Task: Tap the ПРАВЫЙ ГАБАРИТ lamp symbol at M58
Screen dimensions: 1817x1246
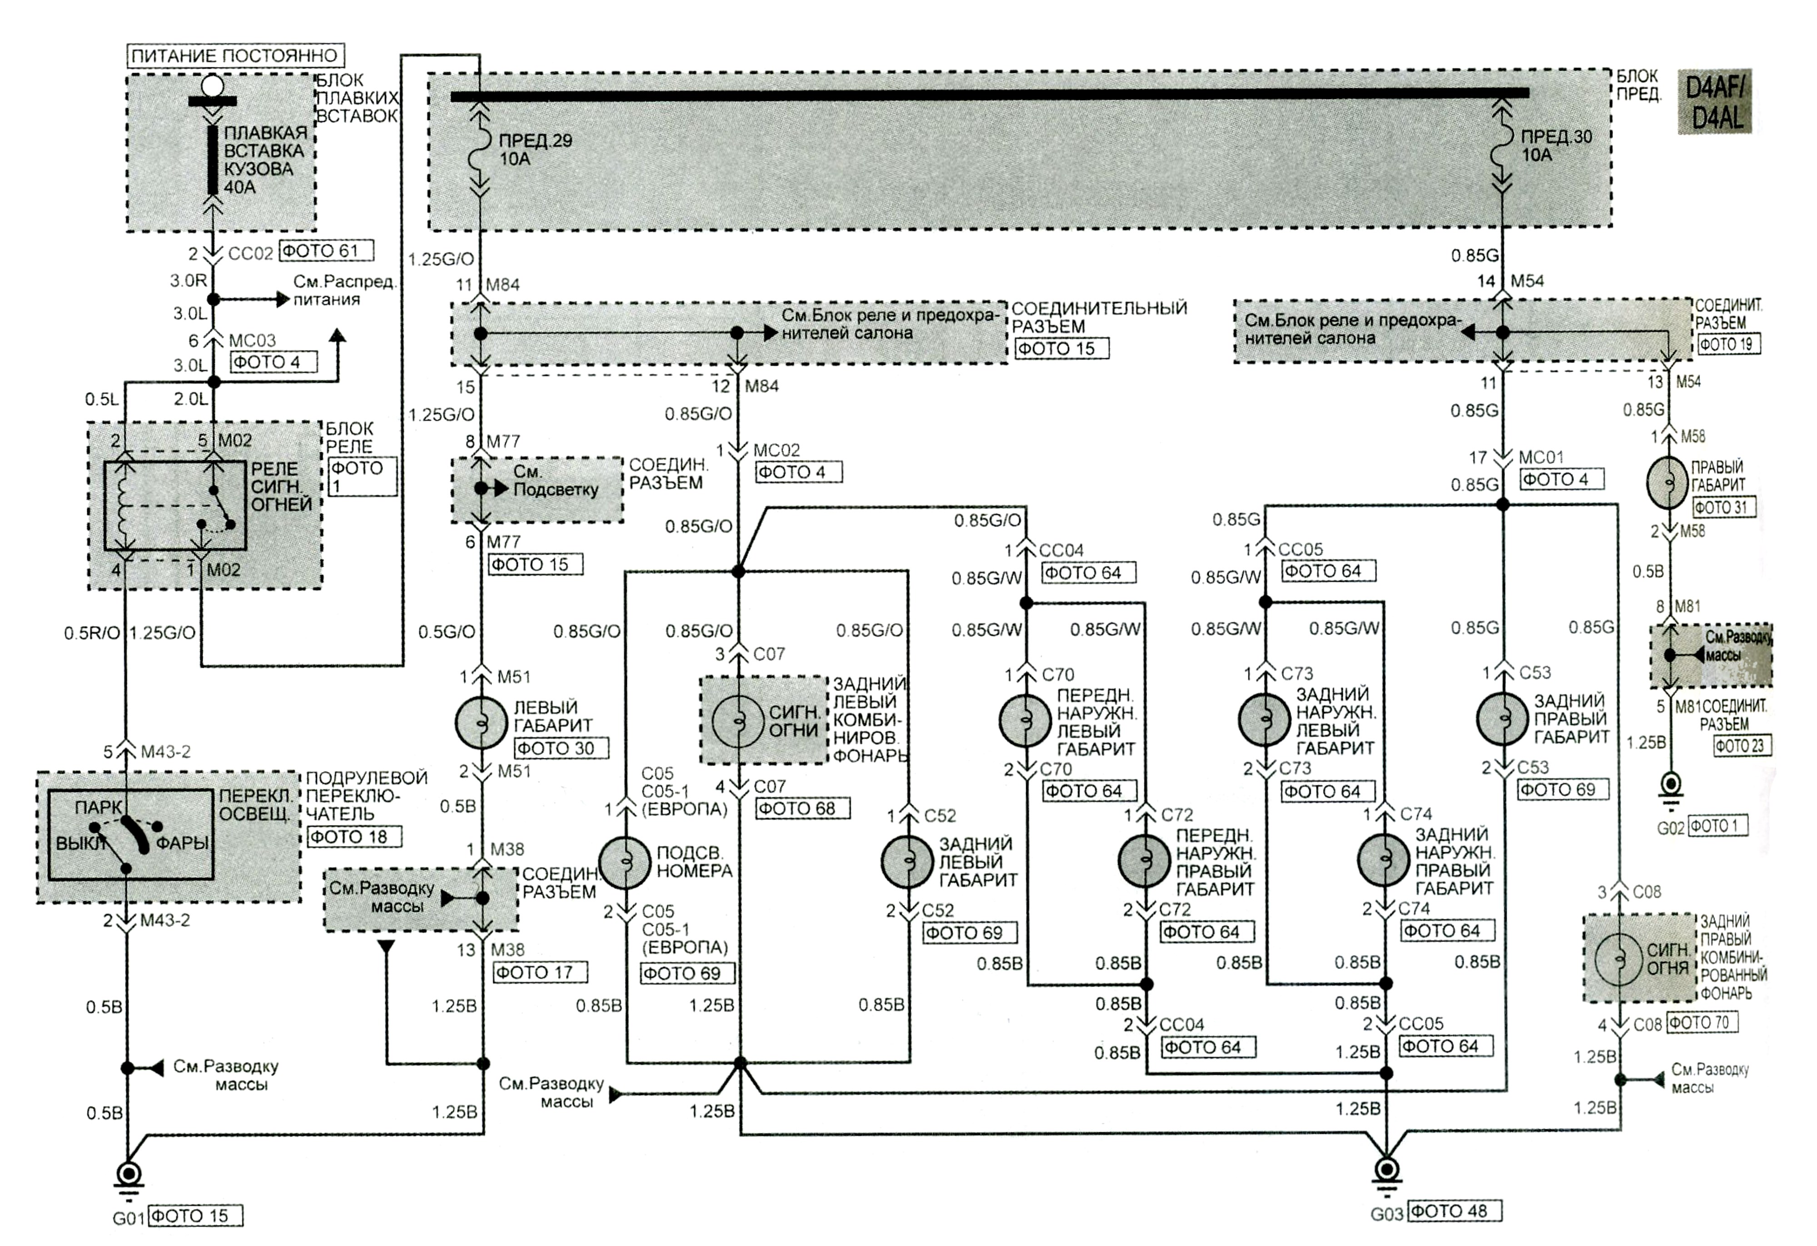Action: tap(1669, 483)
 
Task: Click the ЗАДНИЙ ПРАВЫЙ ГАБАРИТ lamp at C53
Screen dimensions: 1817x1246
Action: tap(1502, 719)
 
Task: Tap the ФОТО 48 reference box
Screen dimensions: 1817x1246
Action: tap(1454, 1211)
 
